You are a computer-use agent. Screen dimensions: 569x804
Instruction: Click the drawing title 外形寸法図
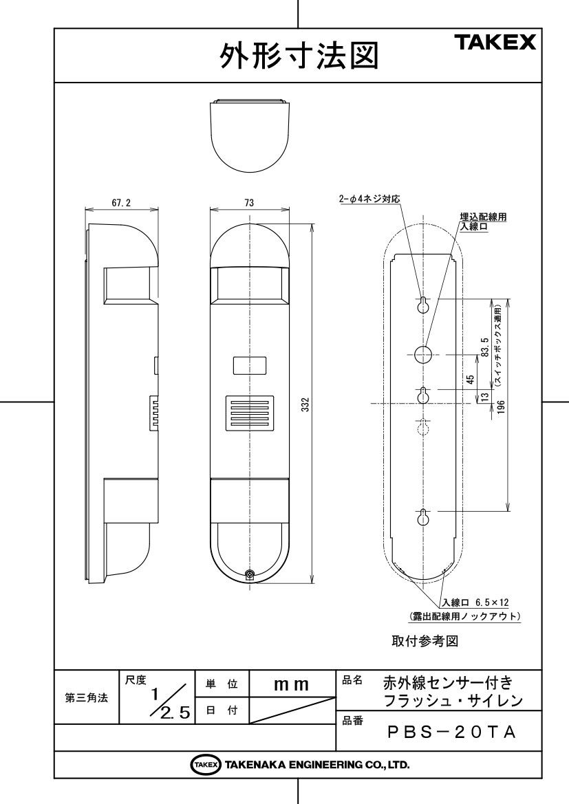(299, 56)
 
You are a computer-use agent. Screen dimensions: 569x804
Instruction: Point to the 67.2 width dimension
(121, 203)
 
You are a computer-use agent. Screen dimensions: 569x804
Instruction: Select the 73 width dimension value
(249, 203)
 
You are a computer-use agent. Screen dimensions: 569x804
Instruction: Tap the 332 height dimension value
(305, 406)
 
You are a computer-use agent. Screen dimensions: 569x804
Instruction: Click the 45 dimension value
(471, 379)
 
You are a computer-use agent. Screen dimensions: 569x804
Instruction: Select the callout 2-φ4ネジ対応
(369, 199)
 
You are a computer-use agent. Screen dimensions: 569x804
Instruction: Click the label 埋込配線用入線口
(483, 221)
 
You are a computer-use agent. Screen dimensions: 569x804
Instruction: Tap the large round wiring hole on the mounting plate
(422, 354)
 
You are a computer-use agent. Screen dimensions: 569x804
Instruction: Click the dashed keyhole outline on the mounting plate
(422, 426)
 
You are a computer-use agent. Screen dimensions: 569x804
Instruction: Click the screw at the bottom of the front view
(250, 575)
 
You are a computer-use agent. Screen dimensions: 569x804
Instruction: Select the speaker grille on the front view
(249, 413)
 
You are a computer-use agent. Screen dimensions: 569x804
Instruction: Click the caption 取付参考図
(425, 641)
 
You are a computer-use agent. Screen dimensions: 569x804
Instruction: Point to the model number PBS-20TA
(451, 732)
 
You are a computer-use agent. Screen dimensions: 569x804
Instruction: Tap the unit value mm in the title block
(292, 684)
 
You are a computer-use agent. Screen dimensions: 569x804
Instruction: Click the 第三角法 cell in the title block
(87, 697)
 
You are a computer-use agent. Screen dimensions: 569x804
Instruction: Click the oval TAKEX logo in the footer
(206, 765)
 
